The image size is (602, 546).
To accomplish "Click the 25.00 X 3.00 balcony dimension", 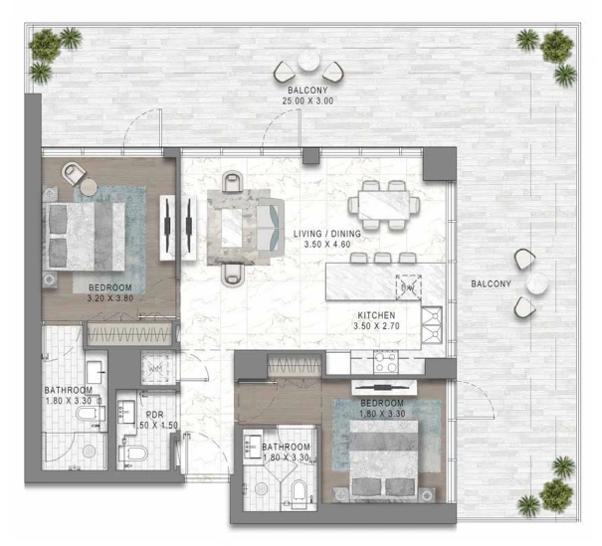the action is click(x=307, y=100).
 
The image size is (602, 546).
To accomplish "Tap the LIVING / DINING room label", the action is click(x=327, y=234).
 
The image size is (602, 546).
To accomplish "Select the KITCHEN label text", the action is click(x=376, y=315).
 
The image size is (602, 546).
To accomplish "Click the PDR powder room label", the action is click(x=154, y=415).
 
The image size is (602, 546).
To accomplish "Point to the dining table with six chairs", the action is click(x=384, y=205).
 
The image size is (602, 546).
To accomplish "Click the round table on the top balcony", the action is click(x=308, y=61).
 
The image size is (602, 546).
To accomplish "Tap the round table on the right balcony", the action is click(x=536, y=283).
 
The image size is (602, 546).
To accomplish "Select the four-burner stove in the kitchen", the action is click(x=386, y=362).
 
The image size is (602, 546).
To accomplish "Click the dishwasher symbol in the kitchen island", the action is click(x=409, y=287).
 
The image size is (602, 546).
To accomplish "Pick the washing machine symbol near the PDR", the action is click(x=155, y=368).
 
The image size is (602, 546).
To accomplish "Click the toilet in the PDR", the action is click(x=133, y=454).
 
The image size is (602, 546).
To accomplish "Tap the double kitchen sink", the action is click(x=432, y=325).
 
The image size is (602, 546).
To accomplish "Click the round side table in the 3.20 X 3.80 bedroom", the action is click(x=89, y=187).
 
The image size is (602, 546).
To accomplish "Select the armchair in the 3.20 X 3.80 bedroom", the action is click(x=74, y=173).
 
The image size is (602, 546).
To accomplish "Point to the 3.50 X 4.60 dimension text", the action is click(x=327, y=244).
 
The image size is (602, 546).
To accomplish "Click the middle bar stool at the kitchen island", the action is click(x=383, y=258).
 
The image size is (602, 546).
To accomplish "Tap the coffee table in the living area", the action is click(x=232, y=228).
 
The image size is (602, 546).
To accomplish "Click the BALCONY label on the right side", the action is click(x=491, y=283).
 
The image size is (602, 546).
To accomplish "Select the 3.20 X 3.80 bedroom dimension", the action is click(x=110, y=298).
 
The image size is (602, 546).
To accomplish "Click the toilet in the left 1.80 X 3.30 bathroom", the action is click(x=91, y=414).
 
